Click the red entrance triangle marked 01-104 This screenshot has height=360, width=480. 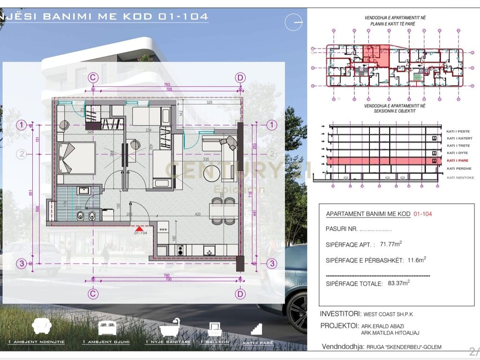pos(139,228)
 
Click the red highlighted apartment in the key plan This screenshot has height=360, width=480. pos(376,56)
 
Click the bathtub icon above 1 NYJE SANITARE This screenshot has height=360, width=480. pos(170,327)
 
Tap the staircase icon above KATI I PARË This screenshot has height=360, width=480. pos(255,329)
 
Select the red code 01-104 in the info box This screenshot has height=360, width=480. pos(422,214)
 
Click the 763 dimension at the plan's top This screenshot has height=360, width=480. pos(167,84)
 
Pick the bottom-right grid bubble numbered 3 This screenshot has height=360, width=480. pos(271,263)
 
